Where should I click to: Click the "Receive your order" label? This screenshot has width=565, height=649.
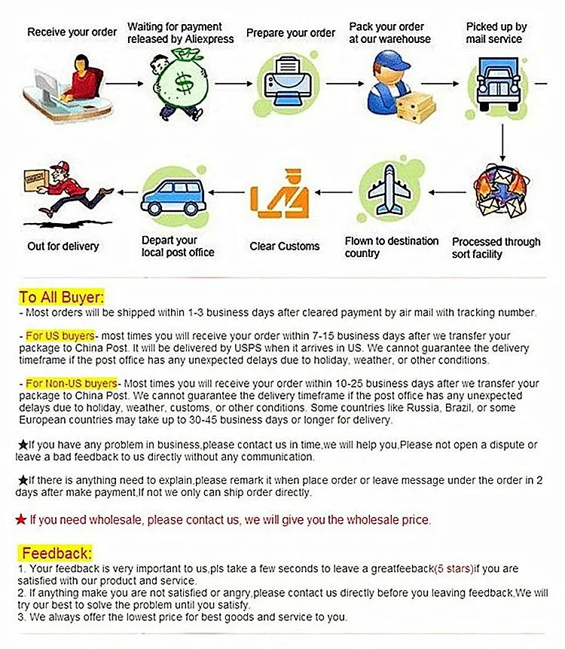click(72, 32)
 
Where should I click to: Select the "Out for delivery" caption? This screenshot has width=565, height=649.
click(63, 246)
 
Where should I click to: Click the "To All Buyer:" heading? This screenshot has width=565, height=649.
click(62, 296)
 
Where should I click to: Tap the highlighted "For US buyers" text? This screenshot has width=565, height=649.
click(60, 335)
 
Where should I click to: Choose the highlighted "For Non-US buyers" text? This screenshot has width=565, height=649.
click(71, 384)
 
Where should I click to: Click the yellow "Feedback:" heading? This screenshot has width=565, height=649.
click(57, 553)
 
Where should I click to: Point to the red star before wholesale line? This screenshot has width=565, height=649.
click(21, 519)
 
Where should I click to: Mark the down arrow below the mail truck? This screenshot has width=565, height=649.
click(502, 143)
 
